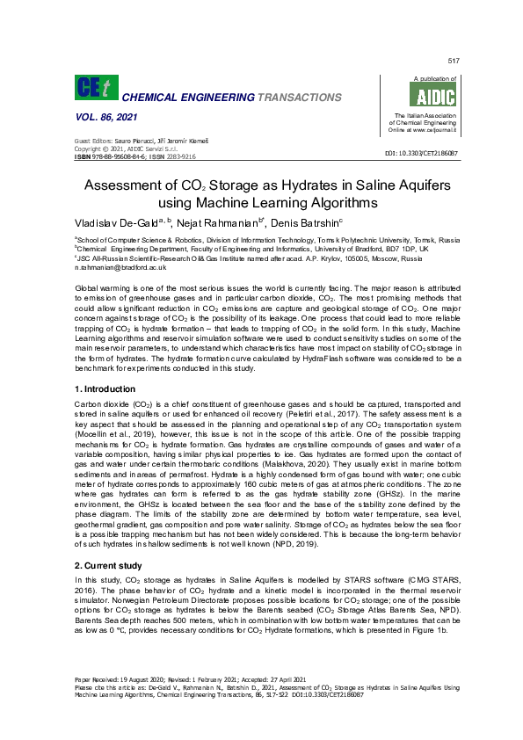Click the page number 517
454,60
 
